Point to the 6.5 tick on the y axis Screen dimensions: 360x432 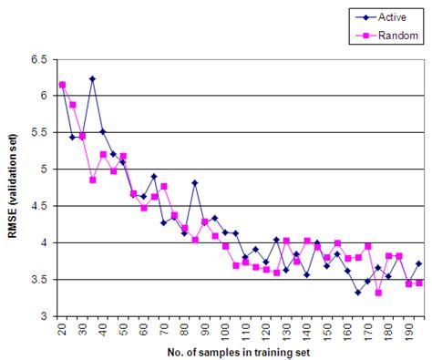[x=39, y=58]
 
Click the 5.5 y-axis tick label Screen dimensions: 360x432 [x=39, y=132]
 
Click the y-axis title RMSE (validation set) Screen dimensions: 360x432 [x=13, y=187]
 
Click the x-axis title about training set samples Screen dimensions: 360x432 [x=235, y=352]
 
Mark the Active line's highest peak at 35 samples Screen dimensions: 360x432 [x=92, y=79]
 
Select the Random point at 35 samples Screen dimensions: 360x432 [x=92, y=180]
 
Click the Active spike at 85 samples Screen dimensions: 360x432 [x=195, y=183]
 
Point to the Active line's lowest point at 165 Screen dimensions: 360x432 [x=358, y=293]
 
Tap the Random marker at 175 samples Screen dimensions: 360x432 [x=378, y=293]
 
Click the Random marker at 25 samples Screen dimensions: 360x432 [x=72, y=105]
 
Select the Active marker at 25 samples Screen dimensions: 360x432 [x=72, y=137]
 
